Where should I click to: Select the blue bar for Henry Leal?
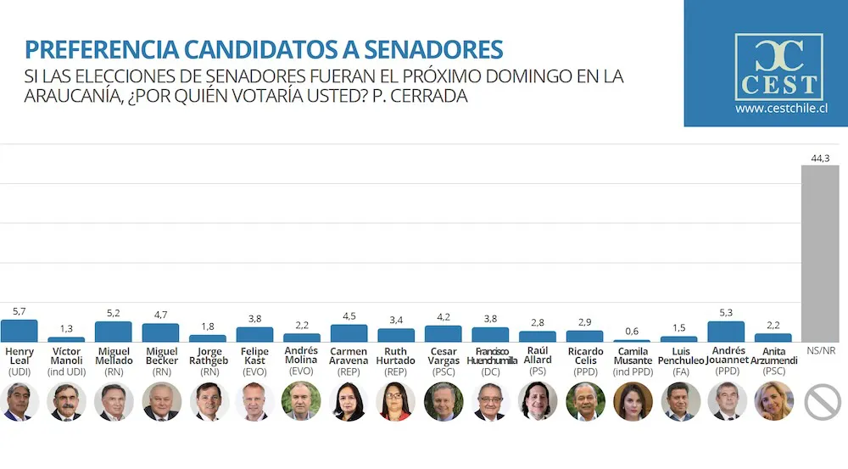[20, 331]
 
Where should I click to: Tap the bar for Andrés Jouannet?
[726, 332]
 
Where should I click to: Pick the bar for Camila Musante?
[632, 341]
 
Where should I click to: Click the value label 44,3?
[820, 158]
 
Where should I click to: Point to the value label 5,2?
[113, 314]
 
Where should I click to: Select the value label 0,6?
[632, 332]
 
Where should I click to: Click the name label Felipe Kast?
[254, 356]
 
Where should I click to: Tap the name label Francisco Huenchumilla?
[490, 356]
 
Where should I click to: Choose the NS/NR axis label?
[820, 350]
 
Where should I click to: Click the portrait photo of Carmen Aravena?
[349, 401]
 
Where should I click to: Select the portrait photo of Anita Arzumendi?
[773, 401]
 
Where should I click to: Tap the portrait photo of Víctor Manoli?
[66, 401]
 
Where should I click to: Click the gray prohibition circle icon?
[821, 402]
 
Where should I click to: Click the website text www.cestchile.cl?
[781, 109]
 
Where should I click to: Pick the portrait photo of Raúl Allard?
[538, 401]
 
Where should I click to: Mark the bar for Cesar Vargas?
[443, 333]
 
